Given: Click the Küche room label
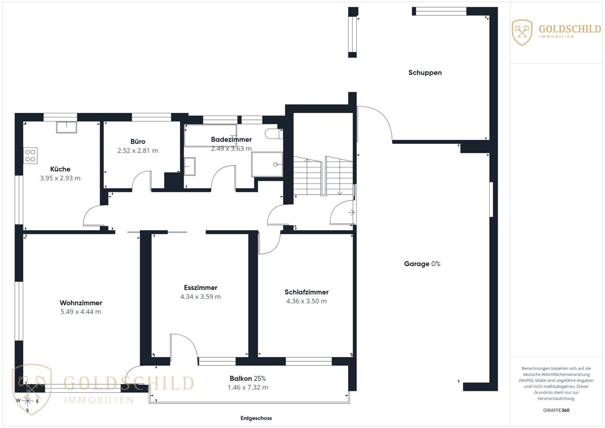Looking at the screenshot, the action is [60, 169].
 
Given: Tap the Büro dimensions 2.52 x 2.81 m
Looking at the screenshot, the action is [138, 151].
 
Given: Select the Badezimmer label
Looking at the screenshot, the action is [231, 140].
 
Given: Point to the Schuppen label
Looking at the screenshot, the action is [425, 73].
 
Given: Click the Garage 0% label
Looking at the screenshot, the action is [422, 264].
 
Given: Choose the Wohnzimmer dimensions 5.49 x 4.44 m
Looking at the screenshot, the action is [81, 312].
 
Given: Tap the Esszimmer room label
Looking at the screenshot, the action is [200, 287].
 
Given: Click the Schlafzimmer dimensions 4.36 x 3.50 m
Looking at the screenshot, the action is [307, 301].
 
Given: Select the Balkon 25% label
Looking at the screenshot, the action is [248, 379].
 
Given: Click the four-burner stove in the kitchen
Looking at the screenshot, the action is [30, 156].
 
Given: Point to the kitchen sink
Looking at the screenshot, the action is [67, 127].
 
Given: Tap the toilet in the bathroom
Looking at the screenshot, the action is [274, 134].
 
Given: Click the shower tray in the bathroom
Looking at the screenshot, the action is [267, 164].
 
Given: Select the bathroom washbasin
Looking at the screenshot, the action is [189, 166].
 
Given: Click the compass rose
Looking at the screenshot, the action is [28, 401].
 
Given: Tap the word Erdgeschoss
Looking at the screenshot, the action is [256, 418].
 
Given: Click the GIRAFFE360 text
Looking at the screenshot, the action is [556, 410].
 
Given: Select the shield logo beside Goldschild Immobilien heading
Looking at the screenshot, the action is [522, 32].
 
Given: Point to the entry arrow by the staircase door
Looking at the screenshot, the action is [352, 213].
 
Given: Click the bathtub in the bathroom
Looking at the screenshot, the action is [211, 136].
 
